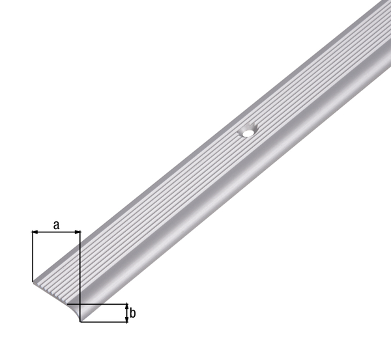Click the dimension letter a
(56, 225)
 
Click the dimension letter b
(133, 313)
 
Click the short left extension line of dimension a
(32, 257)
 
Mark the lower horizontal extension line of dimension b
(104, 322)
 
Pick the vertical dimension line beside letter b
(126, 313)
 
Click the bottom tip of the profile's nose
(81, 321)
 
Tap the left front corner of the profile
(33, 282)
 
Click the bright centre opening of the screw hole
(247, 132)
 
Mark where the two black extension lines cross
(80, 304)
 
